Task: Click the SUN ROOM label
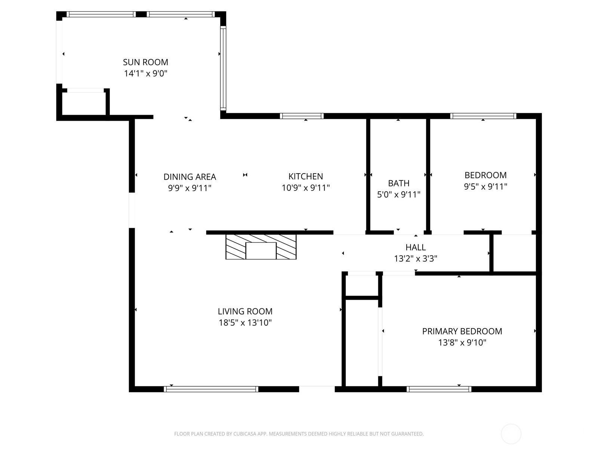click(x=145, y=62)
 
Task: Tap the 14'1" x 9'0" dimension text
click(x=145, y=73)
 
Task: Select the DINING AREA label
click(x=189, y=177)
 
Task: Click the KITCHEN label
click(x=305, y=176)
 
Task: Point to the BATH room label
click(x=398, y=183)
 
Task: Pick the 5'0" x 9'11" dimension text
click(x=398, y=195)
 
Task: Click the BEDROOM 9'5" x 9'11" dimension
click(x=485, y=186)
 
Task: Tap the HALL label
click(x=415, y=247)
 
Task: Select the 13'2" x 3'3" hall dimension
click(x=415, y=259)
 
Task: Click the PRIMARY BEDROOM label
click(x=462, y=331)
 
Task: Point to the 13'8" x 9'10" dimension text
click(x=462, y=342)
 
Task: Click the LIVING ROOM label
click(x=245, y=311)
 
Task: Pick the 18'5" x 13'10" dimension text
click(x=245, y=323)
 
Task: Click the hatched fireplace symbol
click(x=261, y=247)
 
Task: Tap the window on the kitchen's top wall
click(x=302, y=116)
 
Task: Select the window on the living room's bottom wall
click(x=211, y=389)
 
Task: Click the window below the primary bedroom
click(x=439, y=389)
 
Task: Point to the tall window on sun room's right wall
click(x=223, y=68)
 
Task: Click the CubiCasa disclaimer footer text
click(x=299, y=434)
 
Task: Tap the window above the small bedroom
click(x=483, y=116)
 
